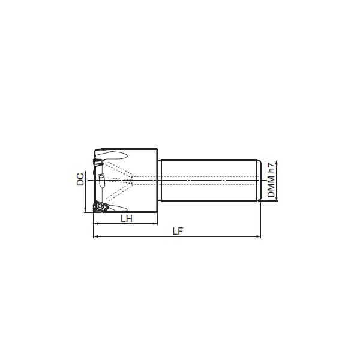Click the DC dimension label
[x=80, y=179]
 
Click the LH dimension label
[x=127, y=219]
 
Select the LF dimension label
[x=178, y=231]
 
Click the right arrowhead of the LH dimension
[x=155, y=223]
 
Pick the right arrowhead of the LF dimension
[x=259, y=236]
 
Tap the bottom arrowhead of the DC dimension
[x=85, y=210]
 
